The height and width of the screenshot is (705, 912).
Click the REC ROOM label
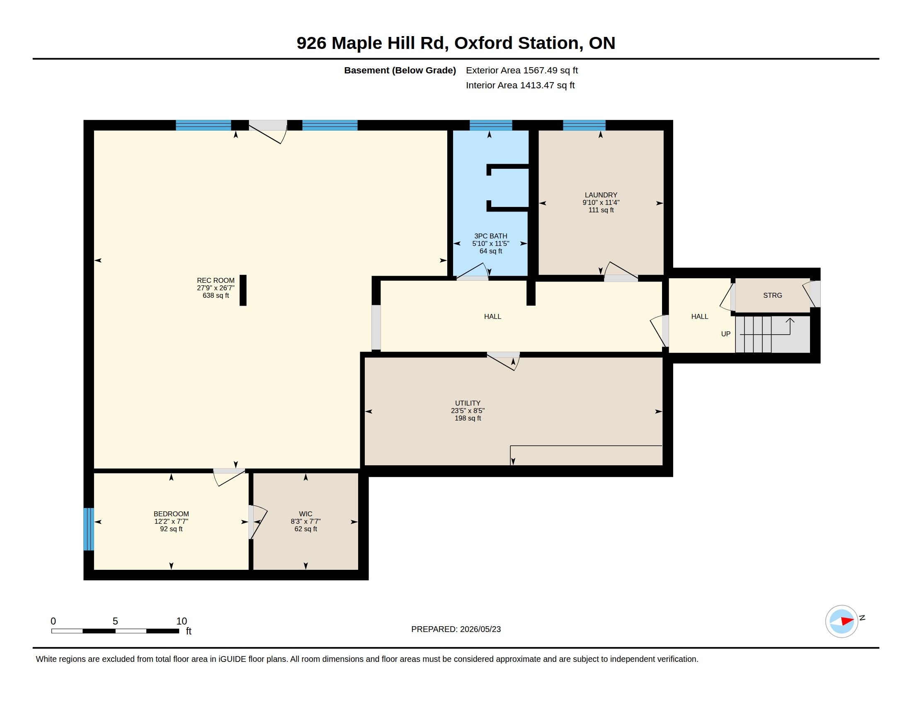tap(216, 280)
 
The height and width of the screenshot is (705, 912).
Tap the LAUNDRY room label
tap(601, 195)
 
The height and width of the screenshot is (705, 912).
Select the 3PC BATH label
tap(491, 236)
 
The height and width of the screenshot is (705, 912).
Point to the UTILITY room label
tap(468, 403)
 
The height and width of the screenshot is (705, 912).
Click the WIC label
tap(306, 514)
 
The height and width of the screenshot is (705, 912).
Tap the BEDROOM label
tap(171, 514)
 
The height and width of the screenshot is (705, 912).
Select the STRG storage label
tap(773, 295)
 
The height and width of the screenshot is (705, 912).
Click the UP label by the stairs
tap(726, 334)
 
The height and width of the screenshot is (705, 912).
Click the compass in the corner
tap(842, 621)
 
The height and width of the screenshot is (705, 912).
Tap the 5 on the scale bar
tap(115, 621)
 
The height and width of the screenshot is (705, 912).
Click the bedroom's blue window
tap(89, 529)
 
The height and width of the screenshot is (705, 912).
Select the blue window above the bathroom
tap(491, 125)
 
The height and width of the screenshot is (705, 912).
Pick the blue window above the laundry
tap(584, 125)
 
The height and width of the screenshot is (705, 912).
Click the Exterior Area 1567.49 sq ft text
tap(522, 70)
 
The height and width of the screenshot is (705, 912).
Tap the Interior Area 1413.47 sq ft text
tap(520, 85)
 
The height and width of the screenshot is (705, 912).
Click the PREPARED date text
tap(456, 629)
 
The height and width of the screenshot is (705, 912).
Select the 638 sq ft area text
tap(216, 295)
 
